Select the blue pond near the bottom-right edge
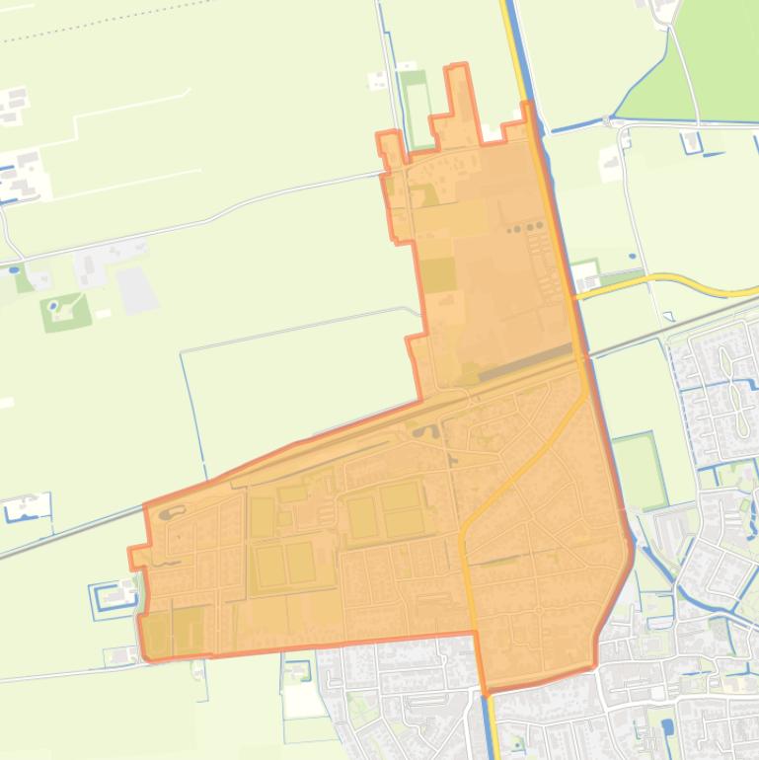[668, 728]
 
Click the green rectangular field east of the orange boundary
[639, 471]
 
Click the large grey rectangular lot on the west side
[136, 289]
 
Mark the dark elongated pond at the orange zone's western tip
[171, 513]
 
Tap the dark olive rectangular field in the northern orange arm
[438, 273]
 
